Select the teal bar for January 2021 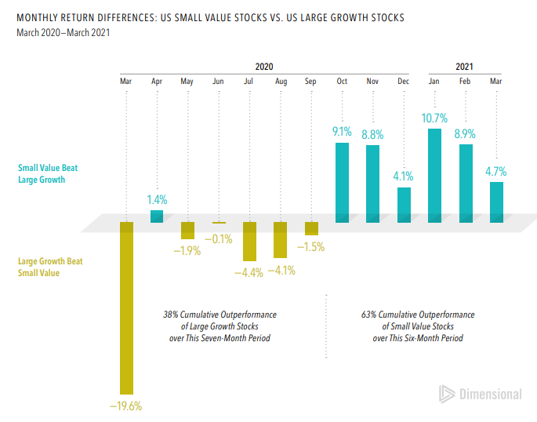click(x=434, y=176)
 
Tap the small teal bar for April click(x=157, y=216)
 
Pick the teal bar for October click(x=342, y=182)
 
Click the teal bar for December click(x=404, y=205)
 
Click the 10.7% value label click(x=434, y=118)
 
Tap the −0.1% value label click(x=218, y=238)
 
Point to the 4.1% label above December click(x=403, y=176)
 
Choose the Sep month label click(x=310, y=82)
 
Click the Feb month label click(x=465, y=82)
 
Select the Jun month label click(x=218, y=82)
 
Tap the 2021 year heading click(x=464, y=67)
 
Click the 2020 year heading click(x=264, y=67)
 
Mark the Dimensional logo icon click(x=447, y=394)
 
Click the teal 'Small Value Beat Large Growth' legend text click(x=48, y=173)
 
